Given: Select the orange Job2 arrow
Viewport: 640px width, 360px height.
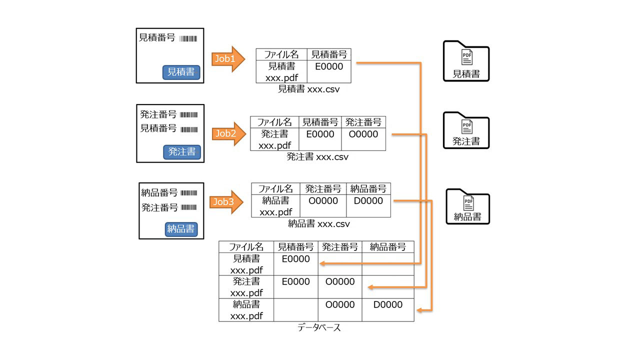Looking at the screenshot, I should (227, 133).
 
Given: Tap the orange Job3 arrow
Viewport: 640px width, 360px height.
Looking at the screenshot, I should (226, 202).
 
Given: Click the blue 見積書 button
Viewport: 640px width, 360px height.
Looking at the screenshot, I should (181, 72).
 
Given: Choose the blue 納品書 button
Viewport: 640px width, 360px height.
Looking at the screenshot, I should (181, 229).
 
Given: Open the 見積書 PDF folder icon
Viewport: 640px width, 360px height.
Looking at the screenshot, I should (466, 61).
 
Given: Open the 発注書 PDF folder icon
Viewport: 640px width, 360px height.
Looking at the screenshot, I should (466, 130).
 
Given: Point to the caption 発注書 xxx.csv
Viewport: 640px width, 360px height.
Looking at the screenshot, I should (317, 156).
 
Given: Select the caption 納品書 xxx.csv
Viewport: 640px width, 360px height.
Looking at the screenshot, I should (319, 223).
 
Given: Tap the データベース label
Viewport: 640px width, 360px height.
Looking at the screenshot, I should (318, 328).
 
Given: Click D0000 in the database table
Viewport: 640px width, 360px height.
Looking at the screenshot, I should (387, 304).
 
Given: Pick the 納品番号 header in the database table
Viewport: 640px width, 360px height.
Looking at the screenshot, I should (387, 246).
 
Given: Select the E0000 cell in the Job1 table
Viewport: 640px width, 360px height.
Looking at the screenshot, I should (329, 66).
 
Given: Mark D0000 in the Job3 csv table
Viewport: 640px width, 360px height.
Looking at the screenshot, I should (368, 201).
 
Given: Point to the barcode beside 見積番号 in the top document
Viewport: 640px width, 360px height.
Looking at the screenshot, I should (188, 38).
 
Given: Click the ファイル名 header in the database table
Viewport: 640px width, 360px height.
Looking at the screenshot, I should (246, 246).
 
